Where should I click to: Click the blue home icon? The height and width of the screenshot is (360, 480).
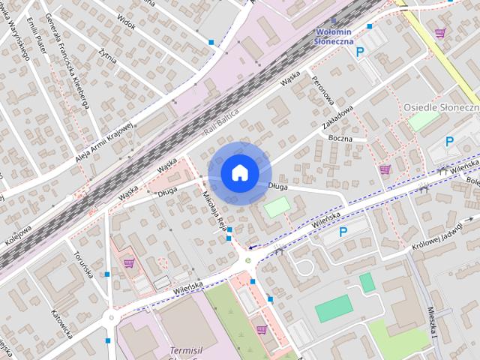click(x=239, y=172)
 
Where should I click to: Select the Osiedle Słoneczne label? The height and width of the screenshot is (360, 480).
click(x=441, y=107)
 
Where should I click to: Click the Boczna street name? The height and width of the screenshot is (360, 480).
click(x=340, y=139)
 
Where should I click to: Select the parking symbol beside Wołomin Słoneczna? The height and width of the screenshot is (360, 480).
click(x=360, y=52)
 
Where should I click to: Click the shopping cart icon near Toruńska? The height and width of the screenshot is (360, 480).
click(x=129, y=263)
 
